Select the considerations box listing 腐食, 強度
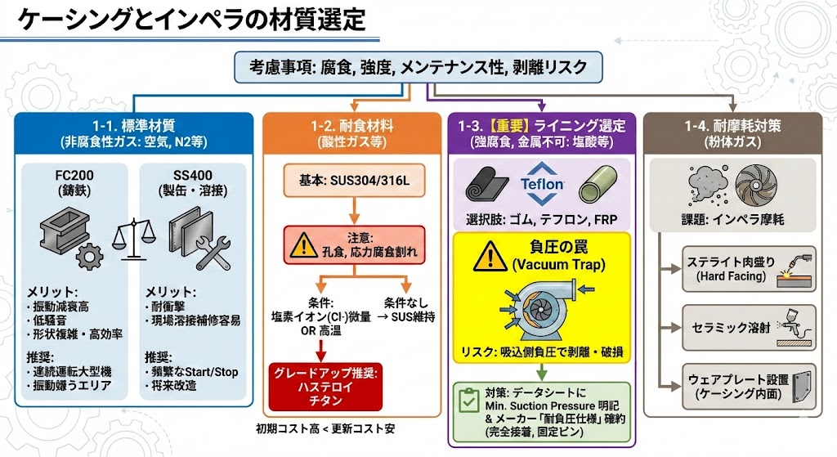[x=418, y=66]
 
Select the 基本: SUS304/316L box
[x=351, y=178]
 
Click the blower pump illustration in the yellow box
[x=540, y=309]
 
